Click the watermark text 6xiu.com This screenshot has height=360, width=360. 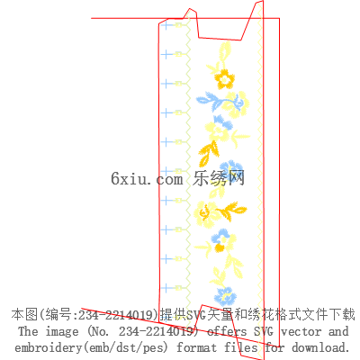147,178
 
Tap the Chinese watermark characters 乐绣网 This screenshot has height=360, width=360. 219,178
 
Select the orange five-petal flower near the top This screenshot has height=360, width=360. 224,79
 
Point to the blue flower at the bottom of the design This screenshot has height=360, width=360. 225,296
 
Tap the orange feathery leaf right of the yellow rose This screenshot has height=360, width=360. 233,211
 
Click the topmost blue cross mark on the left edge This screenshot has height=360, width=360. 166,25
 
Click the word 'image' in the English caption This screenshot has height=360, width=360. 62,331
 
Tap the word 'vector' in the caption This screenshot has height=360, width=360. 301,331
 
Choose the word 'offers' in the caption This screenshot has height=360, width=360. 227,331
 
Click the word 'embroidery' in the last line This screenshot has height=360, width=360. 49,347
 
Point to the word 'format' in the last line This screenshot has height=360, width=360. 196,347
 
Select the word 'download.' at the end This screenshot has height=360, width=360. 320,347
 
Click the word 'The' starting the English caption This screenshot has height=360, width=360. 28,331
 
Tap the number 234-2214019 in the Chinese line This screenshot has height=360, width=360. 118,315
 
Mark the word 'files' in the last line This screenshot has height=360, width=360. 241,347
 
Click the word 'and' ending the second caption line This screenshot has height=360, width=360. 338,331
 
